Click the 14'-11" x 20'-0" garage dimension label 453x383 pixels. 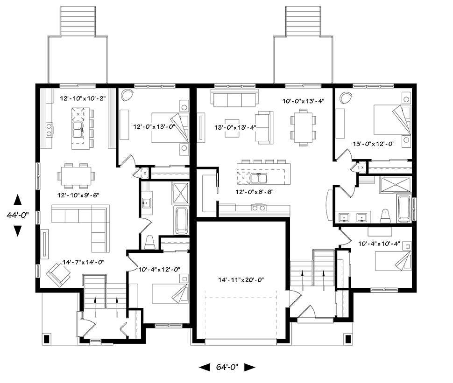[x=241, y=280]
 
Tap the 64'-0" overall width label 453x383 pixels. [x=227, y=367]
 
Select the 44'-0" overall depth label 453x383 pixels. [x=18, y=215]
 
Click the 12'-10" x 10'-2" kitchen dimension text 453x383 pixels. [x=83, y=98]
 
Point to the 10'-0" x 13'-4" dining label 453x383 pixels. [x=304, y=101]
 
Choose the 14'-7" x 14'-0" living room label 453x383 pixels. [x=84, y=262]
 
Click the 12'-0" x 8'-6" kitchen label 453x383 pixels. [x=255, y=192]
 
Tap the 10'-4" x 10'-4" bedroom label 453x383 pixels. [x=379, y=244]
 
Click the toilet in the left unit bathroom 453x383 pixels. [x=149, y=242]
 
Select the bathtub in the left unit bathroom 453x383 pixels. [x=182, y=220]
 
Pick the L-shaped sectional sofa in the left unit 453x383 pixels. [x=81, y=228]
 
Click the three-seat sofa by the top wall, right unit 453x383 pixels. [x=234, y=98]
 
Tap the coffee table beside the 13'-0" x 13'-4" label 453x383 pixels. [x=232, y=128]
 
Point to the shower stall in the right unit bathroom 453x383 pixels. [x=396, y=185]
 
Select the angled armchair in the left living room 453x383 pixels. [x=59, y=275]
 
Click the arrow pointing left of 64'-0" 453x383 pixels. [x=205, y=368]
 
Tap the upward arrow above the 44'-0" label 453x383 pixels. [x=18, y=200]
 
